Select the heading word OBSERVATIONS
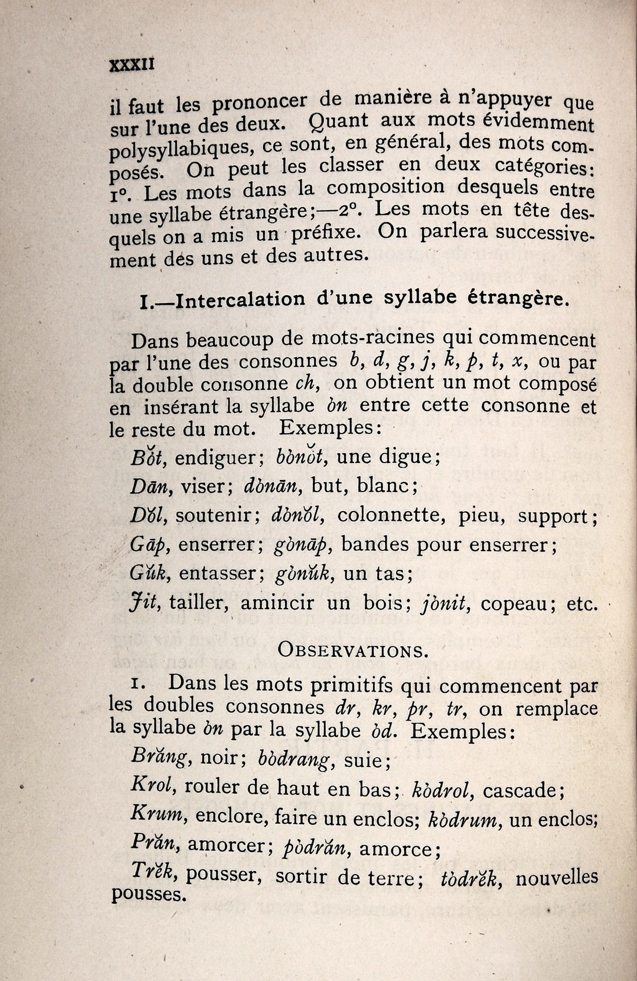[x=353, y=650]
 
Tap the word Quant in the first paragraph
[x=338, y=122]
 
